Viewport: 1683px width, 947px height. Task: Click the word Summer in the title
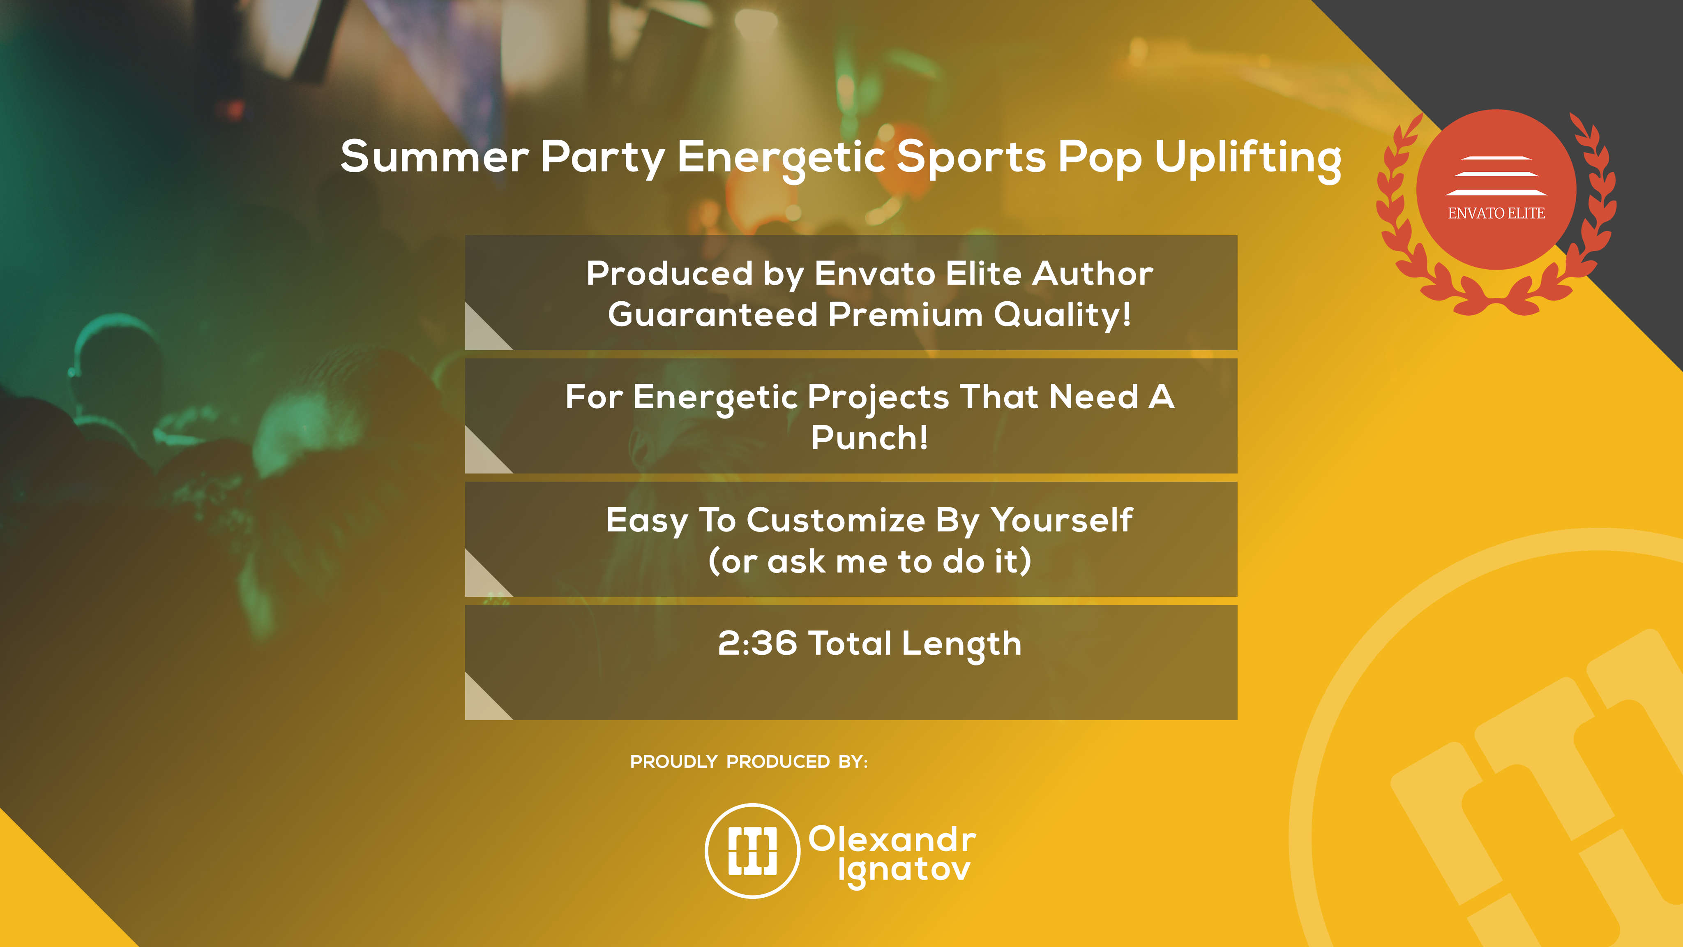(434, 157)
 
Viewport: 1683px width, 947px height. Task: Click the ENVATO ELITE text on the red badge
(1496, 213)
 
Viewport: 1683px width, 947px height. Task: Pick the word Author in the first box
(1093, 273)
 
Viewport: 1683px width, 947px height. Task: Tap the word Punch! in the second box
(869, 437)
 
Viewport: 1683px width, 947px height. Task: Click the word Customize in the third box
(836, 520)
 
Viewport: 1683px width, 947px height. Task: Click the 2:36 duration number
(757, 643)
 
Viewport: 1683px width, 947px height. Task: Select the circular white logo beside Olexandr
(753, 850)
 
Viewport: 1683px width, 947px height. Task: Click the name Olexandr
(892, 839)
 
